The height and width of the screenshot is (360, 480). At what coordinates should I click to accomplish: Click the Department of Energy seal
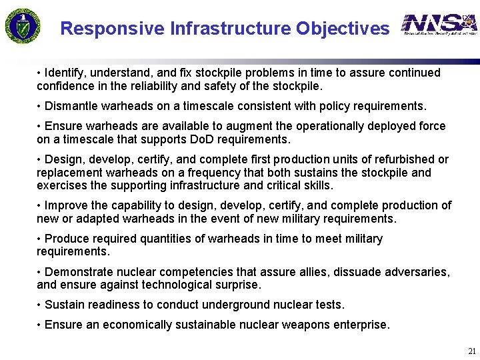[24, 25]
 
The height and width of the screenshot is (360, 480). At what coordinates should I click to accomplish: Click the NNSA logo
[439, 25]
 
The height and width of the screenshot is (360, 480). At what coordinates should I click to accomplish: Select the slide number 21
[472, 351]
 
